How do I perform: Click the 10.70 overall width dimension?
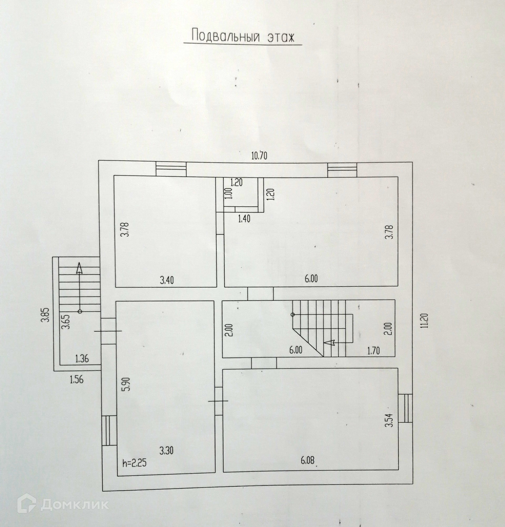[x=259, y=156]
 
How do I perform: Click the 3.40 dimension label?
[x=167, y=280]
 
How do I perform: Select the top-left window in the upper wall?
[x=171, y=169]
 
